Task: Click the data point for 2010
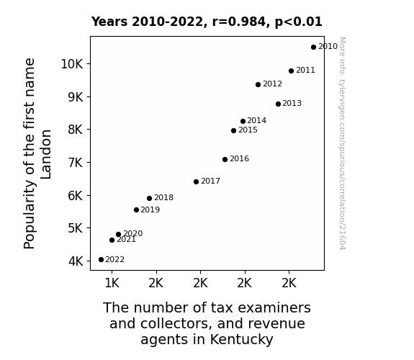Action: coord(313,48)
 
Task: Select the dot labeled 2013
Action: coord(278,104)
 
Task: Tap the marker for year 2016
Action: coord(225,159)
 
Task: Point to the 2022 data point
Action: coord(101,260)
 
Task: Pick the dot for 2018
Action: coord(150,198)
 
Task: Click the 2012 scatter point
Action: coord(258,84)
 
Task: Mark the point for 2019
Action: coord(136,210)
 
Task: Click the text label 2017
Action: coord(210,181)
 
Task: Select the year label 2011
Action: coord(305,71)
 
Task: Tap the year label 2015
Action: coord(248,130)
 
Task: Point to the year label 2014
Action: coord(256,121)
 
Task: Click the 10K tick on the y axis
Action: coord(72,64)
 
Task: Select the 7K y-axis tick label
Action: coord(76,163)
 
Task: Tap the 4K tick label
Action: coord(76,261)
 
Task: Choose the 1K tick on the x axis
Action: coord(112,283)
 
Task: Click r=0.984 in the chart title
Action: coord(239,22)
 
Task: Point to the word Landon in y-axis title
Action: coord(46,154)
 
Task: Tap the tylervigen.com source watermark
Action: coord(343,143)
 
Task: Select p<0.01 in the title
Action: coord(299,22)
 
